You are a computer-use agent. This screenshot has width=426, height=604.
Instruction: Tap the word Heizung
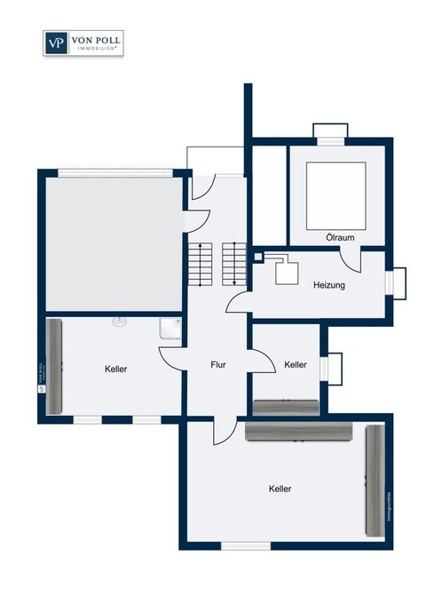[x=328, y=286]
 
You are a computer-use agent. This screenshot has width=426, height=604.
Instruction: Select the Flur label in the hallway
[x=218, y=364]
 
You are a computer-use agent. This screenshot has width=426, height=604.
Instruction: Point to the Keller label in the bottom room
[x=280, y=489]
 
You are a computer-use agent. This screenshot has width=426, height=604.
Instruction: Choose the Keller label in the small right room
[x=296, y=364]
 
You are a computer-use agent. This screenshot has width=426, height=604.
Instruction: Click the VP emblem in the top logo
[x=55, y=43]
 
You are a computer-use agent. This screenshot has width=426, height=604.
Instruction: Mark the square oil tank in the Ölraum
[x=336, y=192]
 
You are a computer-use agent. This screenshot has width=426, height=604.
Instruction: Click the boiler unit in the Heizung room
[x=288, y=270]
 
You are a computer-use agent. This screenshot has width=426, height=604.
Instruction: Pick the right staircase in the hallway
[x=233, y=263]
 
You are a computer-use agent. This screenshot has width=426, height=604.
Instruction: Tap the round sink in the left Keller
[x=119, y=323]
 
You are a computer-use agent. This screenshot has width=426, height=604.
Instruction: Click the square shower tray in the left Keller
[x=169, y=330]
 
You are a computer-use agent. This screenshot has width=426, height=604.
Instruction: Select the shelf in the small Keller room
[x=286, y=407]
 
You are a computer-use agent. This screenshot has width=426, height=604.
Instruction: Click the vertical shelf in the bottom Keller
[x=375, y=480]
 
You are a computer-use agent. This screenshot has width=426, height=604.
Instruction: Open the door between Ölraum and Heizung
[x=352, y=260]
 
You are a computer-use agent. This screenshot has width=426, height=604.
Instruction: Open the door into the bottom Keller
[x=225, y=430]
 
